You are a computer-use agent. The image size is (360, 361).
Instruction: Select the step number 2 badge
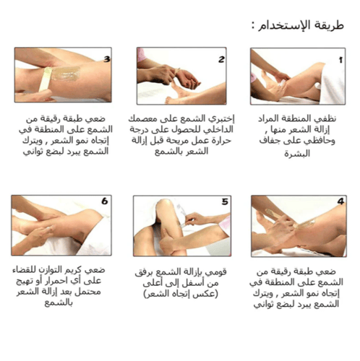(222, 58)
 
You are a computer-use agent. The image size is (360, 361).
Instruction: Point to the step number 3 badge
(106, 58)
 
